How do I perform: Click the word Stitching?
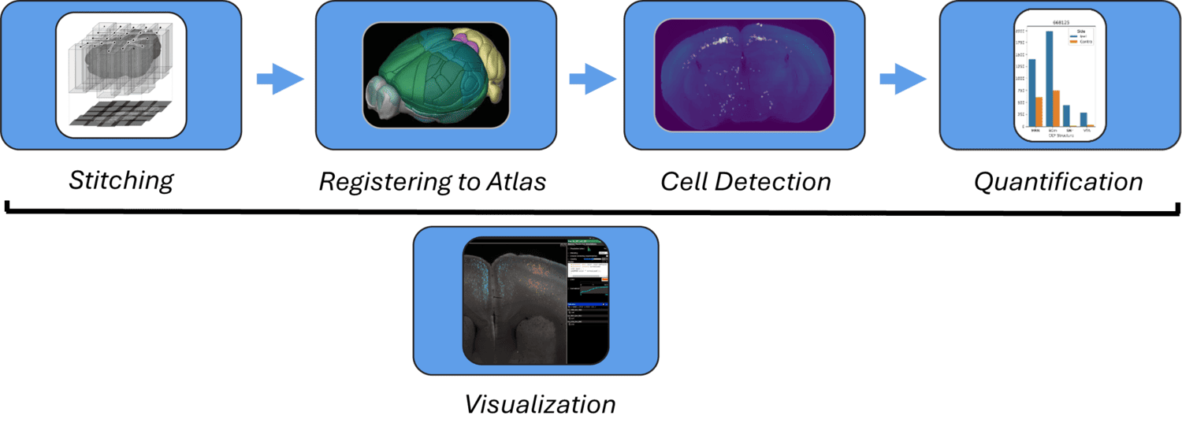tap(121, 180)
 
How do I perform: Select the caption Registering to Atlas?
tap(433, 182)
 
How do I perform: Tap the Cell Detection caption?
tap(745, 182)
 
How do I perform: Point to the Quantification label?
tap(1058, 182)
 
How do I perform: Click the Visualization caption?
tap(540, 405)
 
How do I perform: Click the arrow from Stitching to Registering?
tap(280, 79)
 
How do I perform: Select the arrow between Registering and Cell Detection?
tap(592, 79)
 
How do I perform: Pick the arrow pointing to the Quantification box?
tap(902, 79)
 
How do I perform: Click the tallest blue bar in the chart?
tap(1050, 78)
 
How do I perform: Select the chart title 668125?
tap(1057, 24)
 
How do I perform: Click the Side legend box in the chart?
tap(1079, 37)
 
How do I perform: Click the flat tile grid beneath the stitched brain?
tap(120, 113)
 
